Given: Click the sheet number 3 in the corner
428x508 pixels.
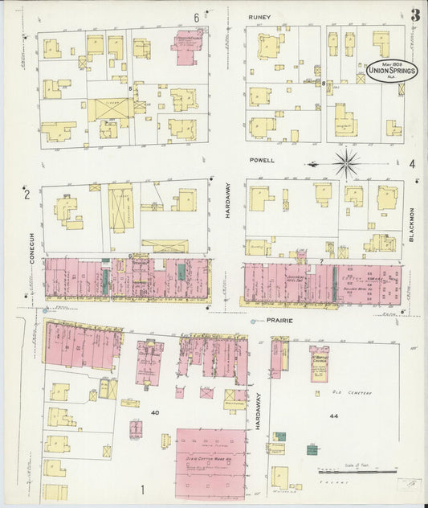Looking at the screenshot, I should [x=415, y=15].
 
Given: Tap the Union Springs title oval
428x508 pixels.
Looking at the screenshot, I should [x=391, y=72].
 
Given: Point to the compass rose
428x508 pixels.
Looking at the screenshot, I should [x=347, y=163].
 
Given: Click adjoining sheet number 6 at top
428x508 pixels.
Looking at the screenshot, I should [x=196, y=17].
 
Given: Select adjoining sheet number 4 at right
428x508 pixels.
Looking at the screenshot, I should [x=412, y=164].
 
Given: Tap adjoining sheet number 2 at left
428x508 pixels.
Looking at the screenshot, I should [x=26, y=194].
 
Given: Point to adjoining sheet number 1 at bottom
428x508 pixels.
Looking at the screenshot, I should [x=143, y=490].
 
